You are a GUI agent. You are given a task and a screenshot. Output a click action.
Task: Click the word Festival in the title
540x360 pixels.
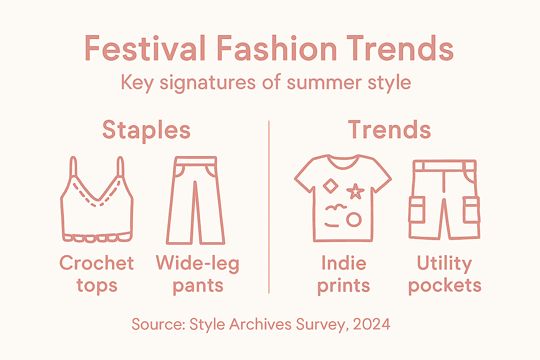[145, 49]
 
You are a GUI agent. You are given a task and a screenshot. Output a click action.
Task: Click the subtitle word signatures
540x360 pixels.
[207, 83]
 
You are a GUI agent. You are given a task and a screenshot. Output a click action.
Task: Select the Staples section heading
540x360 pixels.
[146, 130]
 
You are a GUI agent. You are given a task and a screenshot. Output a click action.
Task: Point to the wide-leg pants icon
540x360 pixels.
[195, 200]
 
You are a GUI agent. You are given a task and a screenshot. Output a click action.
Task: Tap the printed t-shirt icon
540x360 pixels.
[343, 200]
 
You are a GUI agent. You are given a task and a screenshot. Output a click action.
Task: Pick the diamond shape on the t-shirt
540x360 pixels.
[330, 186]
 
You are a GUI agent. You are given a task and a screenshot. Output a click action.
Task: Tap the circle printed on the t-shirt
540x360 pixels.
[354, 220]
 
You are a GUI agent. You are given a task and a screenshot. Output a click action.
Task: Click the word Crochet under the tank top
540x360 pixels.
[97, 263]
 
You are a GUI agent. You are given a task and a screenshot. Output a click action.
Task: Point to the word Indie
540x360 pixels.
[344, 263]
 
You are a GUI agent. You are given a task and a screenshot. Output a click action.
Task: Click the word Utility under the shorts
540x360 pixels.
[444, 263]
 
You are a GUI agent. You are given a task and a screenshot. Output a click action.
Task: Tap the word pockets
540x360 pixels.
[445, 285]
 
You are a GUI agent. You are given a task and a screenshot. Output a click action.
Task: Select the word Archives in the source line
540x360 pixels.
[261, 324]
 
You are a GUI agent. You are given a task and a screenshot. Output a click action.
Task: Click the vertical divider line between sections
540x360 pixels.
[269, 207]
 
